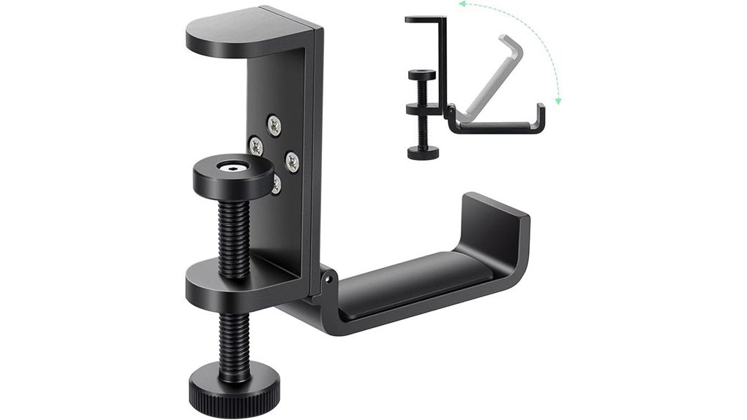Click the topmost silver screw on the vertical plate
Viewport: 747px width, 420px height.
pos(274,125)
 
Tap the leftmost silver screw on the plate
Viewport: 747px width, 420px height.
pos(255,146)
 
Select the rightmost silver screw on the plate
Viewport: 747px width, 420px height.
pos(292,162)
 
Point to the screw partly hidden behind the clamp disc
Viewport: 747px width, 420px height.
pos(276,185)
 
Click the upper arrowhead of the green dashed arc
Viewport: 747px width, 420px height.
pos(462,4)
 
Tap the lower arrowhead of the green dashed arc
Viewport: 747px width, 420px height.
pos(558,102)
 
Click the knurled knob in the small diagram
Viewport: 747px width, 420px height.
pos(424,153)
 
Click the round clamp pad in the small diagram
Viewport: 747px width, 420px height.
pos(422,75)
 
